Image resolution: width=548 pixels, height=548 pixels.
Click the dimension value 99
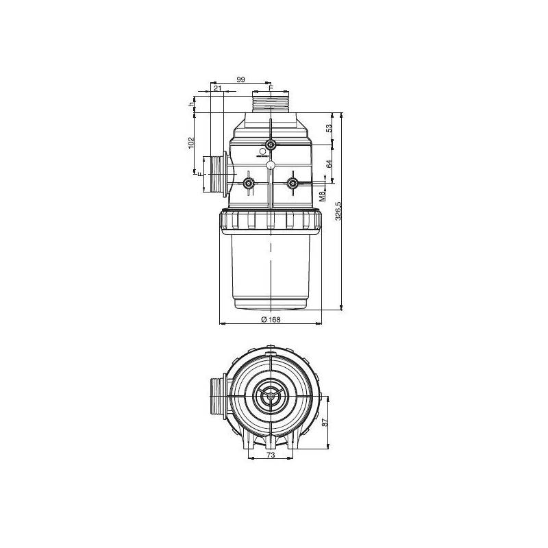click(x=240, y=80)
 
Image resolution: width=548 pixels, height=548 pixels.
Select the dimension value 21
click(x=216, y=88)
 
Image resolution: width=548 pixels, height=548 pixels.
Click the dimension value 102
click(x=192, y=143)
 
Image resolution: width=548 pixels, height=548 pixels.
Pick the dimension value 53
click(x=329, y=128)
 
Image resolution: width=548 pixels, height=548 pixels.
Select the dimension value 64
click(x=329, y=164)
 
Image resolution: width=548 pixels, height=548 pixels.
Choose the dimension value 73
click(x=271, y=455)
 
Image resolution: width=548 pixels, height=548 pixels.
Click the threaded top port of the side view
click(x=271, y=105)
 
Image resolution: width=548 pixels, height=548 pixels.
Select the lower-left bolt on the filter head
click(x=249, y=183)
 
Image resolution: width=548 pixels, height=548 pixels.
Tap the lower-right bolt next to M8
click(x=292, y=183)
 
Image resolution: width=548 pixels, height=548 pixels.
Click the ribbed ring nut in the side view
click(x=271, y=221)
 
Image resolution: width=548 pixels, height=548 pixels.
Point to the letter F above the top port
click(x=271, y=88)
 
